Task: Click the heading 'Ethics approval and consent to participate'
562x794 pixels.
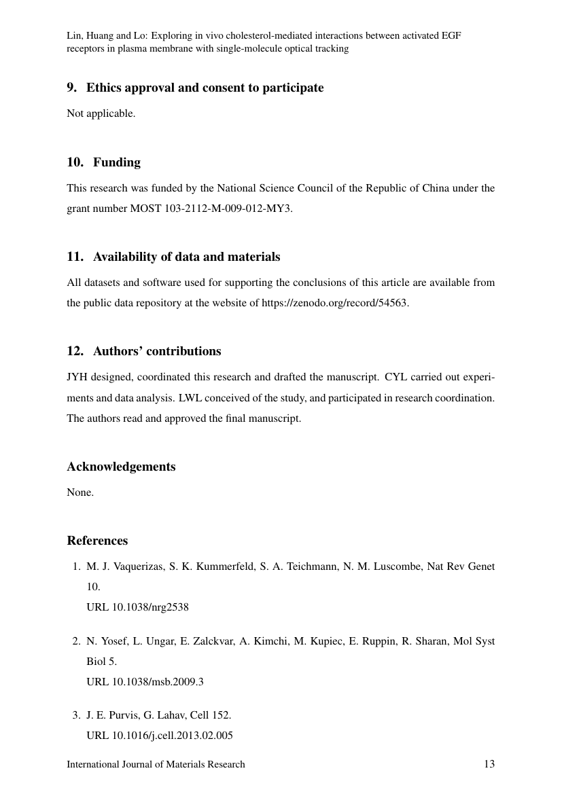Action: (x=205, y=88)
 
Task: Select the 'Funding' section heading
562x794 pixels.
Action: (x=116, y=162)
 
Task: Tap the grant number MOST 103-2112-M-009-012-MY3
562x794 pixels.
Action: (x=211, y=209)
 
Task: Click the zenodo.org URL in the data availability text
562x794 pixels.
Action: (x=334, y=303)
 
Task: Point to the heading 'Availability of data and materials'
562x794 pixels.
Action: (x=186, y=257)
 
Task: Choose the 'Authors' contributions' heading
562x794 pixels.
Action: (x=156, y=351)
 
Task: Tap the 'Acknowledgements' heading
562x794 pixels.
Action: (x=121, y=467)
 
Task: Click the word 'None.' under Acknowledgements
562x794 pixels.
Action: (x=80, y=492)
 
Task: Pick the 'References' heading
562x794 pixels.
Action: (x=97, y=541)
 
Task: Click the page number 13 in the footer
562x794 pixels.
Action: (x=489, y=764)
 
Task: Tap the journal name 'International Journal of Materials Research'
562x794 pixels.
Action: (x=156, y=764)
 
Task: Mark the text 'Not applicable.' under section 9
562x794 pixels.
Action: (x=101, y=113)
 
